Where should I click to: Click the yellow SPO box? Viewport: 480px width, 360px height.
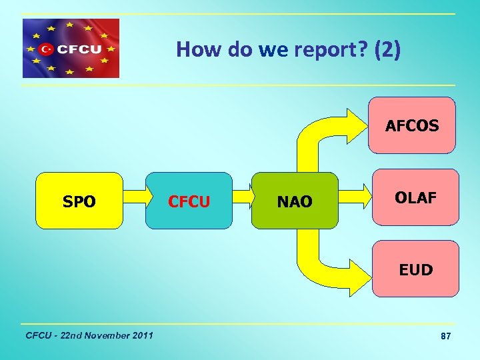click(x=79, y=201)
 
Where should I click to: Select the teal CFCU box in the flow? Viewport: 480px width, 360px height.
click(x=189, y=201)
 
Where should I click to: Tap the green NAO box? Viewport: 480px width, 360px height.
click(x=294, y=201)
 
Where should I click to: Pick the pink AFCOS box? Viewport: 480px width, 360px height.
click(x=412, y=125)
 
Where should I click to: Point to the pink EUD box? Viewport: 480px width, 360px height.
click(x=415, y=269)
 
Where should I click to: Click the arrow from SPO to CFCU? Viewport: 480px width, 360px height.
click(x=135, y=197)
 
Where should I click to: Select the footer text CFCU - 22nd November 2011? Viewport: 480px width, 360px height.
click(x=88, y=335)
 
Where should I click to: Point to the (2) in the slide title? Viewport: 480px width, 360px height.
click(x=387, y=50)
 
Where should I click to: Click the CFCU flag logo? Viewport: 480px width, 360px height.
click(x=71, y=48)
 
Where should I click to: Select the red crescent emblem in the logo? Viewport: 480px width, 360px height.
click(x=46, y=49)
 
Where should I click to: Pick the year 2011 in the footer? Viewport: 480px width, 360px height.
click(x=143, y=335)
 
